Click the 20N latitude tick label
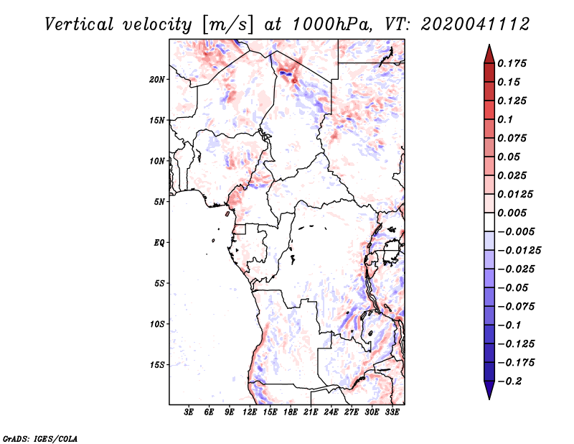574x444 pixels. pos(156,80)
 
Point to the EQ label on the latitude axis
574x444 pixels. pos(159,243)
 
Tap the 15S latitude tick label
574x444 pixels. pos(157,365)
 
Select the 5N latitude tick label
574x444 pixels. pos(159,202)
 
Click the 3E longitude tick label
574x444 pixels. pos(189,412)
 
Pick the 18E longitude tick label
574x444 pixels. pos(291,412)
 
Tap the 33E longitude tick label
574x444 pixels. pos(392,412)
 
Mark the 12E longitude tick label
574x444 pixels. pos(250,412)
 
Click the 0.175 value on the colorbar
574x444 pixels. pos(512,63)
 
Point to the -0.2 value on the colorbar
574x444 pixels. pos(509,381)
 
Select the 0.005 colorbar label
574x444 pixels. pos(512,213)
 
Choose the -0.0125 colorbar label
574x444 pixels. pos(519,251)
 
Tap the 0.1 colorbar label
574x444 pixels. pos(505,119)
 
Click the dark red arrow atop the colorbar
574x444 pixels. pos(489,54)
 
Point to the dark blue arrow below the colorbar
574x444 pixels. pos(489,390)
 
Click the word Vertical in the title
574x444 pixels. pos(79,24)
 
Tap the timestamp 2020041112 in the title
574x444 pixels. pos(475,24)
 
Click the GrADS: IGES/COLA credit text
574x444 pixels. pos(40,438)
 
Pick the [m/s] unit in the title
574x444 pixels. pos(227,25)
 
